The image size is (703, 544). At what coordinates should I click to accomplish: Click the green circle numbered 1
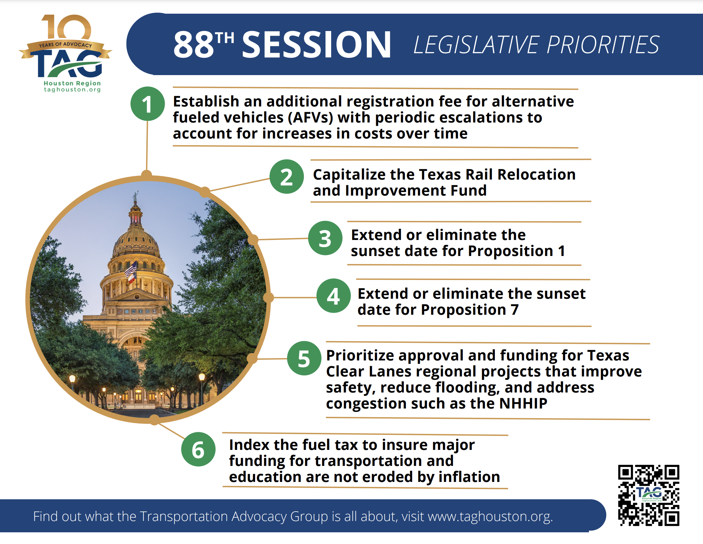[x=147, y=104]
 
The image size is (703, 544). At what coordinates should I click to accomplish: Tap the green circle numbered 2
[x=286, y=177]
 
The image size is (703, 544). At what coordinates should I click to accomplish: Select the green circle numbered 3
[x=325, y=238]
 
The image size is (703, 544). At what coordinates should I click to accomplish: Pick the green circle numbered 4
[x=333, y=296]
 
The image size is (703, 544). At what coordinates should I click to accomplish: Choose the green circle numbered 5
[x=304, y=358]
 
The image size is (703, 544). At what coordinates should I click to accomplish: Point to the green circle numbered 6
[x=198, y=449]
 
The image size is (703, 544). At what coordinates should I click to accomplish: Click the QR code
[x=649, y=495]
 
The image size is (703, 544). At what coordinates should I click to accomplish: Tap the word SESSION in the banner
[x=316, y=44]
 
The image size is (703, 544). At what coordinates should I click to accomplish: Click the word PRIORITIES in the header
[x=603, y=45]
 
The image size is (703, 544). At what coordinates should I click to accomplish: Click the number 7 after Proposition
[x=515, y=309]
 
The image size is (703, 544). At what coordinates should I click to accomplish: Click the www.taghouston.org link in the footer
[x=490, y=516]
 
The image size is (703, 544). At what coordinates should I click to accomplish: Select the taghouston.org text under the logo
[x=72, y=89]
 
